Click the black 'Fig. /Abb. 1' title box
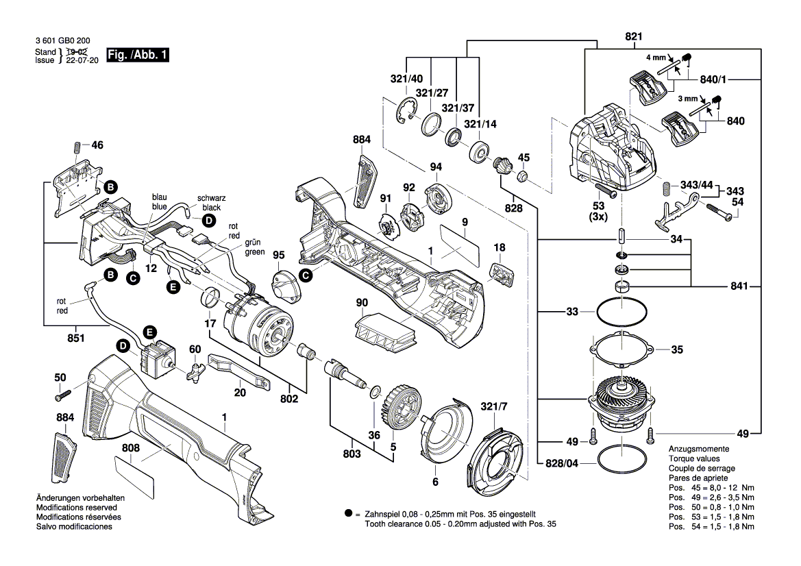[x=137, y=56]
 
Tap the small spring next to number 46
[x=77, y=147]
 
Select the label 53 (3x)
[x=599, y=210]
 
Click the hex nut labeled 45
[x=522, y=178]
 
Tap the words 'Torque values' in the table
[x=693, y=458]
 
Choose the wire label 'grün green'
[x=255, y=247]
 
